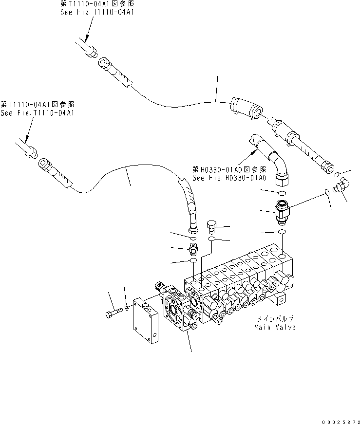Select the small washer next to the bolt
(x=127, y=307)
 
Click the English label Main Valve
(x=275, y=327)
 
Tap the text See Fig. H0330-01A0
(x=229, y=178)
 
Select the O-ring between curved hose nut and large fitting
(x=282, y=193)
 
